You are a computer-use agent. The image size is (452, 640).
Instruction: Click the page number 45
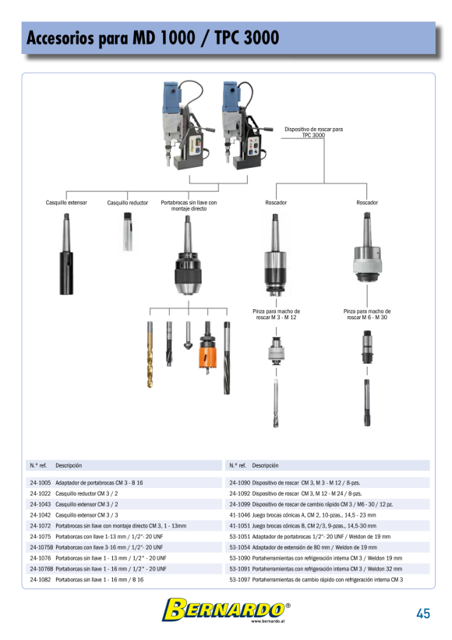pyautogui.click(x=423, y=613)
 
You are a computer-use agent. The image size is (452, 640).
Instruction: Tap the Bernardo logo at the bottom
pyautogui.click(x=226, y=610)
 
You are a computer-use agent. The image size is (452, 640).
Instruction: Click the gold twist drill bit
pyautogui.click(x=150, y=354)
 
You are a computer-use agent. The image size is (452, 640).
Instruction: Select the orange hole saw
pyautogui.click(x=207, y=348)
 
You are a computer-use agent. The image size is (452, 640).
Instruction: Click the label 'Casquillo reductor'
pyautogui.click(x=128, y=202)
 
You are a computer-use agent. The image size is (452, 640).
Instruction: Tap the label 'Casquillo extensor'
pyautogui.click(x=66, y=202)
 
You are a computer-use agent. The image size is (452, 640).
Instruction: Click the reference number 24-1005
pyautogui.click(x=41, y=482)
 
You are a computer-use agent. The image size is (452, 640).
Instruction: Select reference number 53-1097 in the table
pyautogui.click(x=240, y=579)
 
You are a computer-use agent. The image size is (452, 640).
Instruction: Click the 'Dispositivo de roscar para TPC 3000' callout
pyautogui.click(x=313, y=132)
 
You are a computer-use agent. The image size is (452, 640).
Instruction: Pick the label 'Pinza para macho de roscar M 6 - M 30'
pyautogui.click(x=367, y=314)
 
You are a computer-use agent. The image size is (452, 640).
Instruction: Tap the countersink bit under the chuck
pyautogui.click(x=188, y=336)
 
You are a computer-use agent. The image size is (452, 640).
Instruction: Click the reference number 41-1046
pyautogui.click(x=240, y=514)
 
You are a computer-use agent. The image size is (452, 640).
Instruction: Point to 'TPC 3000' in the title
pyautogui.click(x=246, y=37)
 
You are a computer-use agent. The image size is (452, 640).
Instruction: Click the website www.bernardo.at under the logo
pyautogui.click(x=268, y=620)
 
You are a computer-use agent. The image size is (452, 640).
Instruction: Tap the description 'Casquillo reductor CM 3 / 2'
pyautogui.click(x=87, y=493)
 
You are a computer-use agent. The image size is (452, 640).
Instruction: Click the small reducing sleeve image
pyautogui.click(x=128, y=232)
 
